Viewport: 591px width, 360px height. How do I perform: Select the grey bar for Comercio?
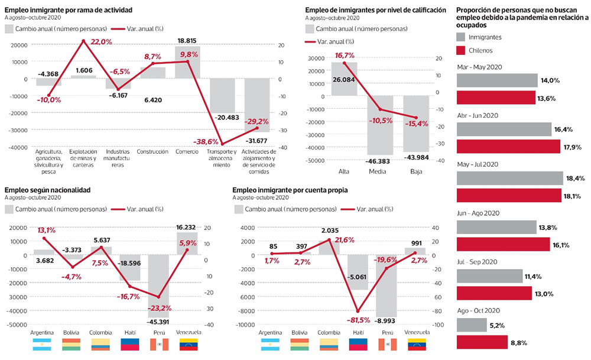pyautogui.click(x=187, y=62)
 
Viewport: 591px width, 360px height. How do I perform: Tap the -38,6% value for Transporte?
pyautogui.click(x=206, y=142)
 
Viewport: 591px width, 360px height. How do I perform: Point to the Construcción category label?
pyautogui.click(x=152, y=151)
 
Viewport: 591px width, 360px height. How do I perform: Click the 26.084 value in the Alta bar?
pyautogui.click(x=343, y=79)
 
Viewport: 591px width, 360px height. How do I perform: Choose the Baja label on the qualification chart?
pyautogui.click(x=416, y=171)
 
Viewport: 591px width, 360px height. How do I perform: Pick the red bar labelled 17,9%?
pyautogui.click(x=508, y=146)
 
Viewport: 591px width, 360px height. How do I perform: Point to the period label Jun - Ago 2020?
pyautogui.click(x=479, y=213)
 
